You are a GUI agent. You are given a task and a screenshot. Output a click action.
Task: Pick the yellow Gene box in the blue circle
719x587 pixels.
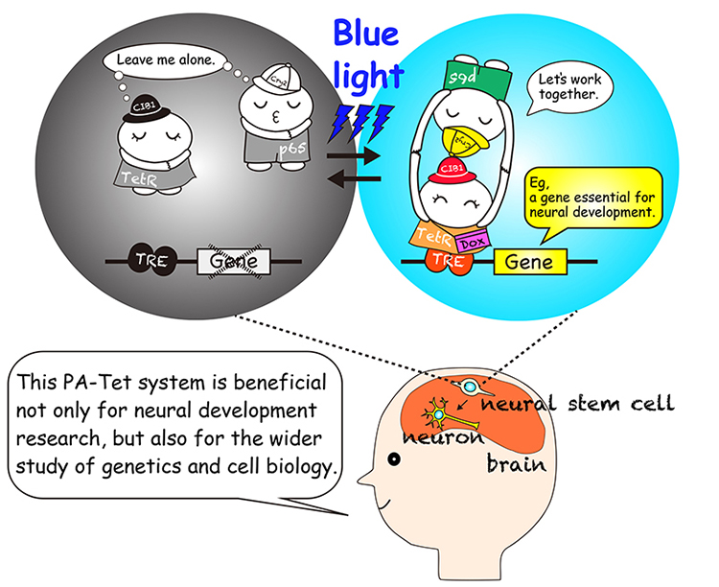pyautogui.click(x=530, y=261)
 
